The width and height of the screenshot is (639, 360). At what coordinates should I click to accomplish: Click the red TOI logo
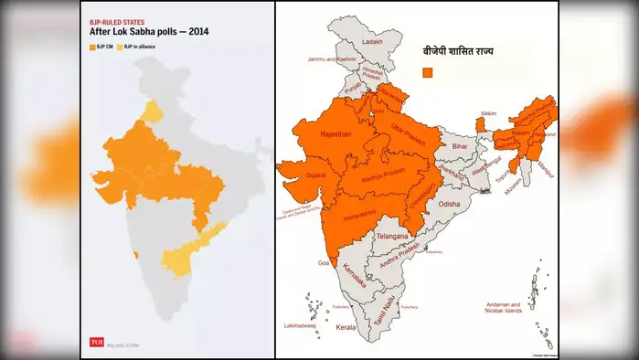(x=96, y=343)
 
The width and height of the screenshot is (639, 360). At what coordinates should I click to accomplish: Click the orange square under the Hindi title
(x=427, y=71)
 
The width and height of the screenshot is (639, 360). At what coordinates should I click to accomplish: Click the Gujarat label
(x=314, y=173)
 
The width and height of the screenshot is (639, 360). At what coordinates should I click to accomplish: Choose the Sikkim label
(x=489, y=113)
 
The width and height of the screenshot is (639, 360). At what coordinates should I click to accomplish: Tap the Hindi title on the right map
(x=449, y=52)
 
